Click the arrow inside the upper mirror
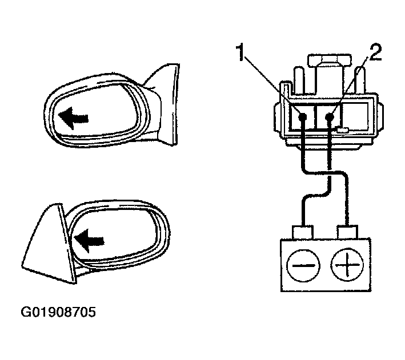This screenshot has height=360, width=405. click(x=73, y=119)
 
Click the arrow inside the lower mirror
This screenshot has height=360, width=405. click(x=89, y=241)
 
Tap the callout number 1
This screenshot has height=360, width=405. click(x=240, y=52)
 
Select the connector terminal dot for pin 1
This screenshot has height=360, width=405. click(x=302, y=118)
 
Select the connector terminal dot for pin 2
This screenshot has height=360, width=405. click(x=330, y=118)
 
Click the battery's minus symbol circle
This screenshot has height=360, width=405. click(x=303, y=265)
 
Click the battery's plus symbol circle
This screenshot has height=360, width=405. click(x=347, y=265)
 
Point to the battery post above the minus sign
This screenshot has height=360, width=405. click(x=303, y=232)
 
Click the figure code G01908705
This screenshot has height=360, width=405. click(x=58, y=312)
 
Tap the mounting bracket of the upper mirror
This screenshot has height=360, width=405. click(x=165, y=103)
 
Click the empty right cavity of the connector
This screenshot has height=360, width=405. click(x=355, y=116)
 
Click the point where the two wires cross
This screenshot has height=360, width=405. click(x=330, y=172)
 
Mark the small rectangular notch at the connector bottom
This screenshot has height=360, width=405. click(x=343, y=130)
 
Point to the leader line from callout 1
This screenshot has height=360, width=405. click(x=272, y=86)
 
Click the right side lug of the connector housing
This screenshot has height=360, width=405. click(x=380, y=116)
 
